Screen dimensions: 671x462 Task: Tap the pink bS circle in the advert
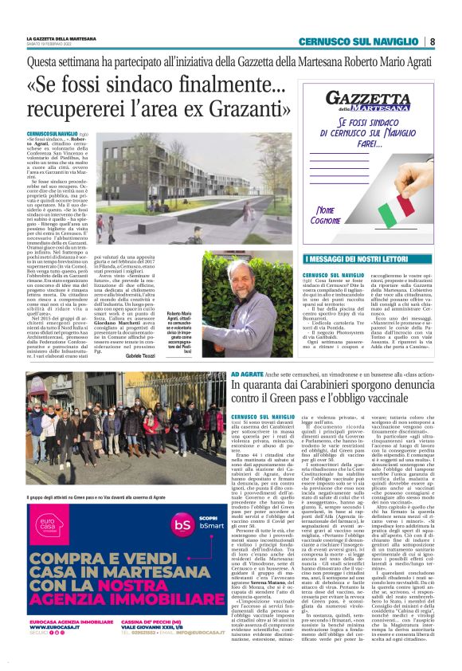tap(182, 504)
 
